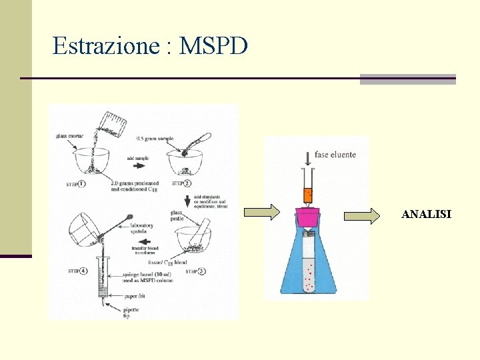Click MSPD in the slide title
(x=214, y=46)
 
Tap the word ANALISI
(x=426, y=215)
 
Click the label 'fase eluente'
(x=335, y=155)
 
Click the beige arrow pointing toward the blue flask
(x=262, y=213)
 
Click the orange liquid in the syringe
(x=308, y=195)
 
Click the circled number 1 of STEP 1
(x=81, y=183)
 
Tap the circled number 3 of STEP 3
(x=202, y=271)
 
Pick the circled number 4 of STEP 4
(x=83, y=271)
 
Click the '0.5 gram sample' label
(x=155, y=139)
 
